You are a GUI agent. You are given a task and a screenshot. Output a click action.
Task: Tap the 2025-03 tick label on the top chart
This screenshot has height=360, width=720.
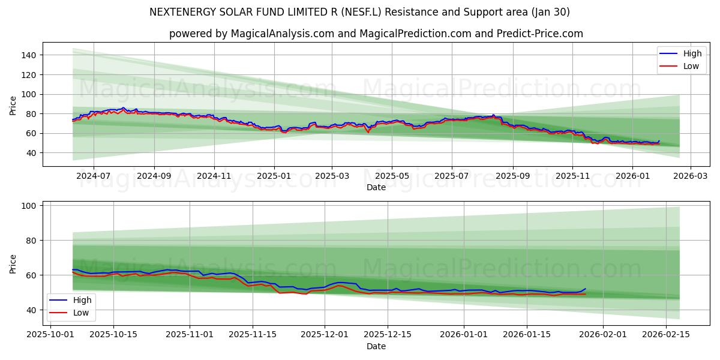(332, 176)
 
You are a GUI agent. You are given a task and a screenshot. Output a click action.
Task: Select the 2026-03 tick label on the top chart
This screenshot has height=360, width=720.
(690, 176)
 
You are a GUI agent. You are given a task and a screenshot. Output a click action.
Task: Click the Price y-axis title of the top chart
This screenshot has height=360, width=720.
(13, 105)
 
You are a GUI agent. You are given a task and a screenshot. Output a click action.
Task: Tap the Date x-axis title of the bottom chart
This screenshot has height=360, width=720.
(376, 346)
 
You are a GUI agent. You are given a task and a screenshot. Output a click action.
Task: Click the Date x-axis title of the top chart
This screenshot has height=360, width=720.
(376, 187)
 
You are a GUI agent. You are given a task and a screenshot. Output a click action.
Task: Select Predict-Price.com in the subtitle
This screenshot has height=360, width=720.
(539, 34)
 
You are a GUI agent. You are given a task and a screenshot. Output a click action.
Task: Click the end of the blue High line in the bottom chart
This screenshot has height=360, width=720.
(586, 289)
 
